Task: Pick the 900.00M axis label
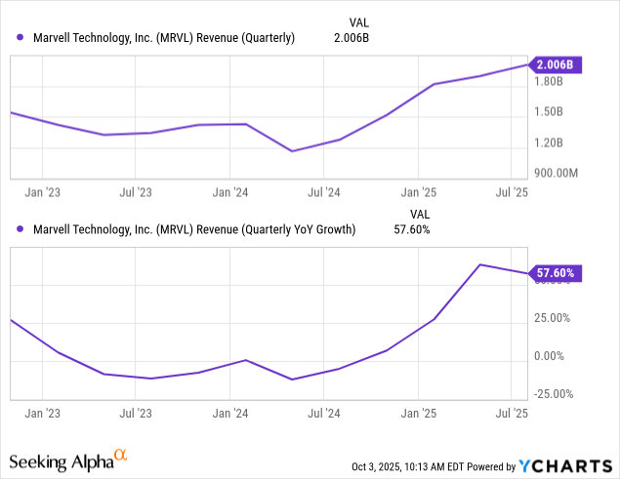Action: pyautogui.click(x=555, y=173)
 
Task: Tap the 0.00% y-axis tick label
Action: pyautogui.click(x=550, y=356)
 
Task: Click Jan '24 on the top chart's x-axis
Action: pyautogui.click(x=229, y=192)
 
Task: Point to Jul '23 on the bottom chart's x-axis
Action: pyautogui.click(x=135, y=414)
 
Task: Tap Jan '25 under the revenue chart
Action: pyautogui.click(x=419, y=192)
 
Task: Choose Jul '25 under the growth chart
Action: pyautogui.click(x=513, y=414)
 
